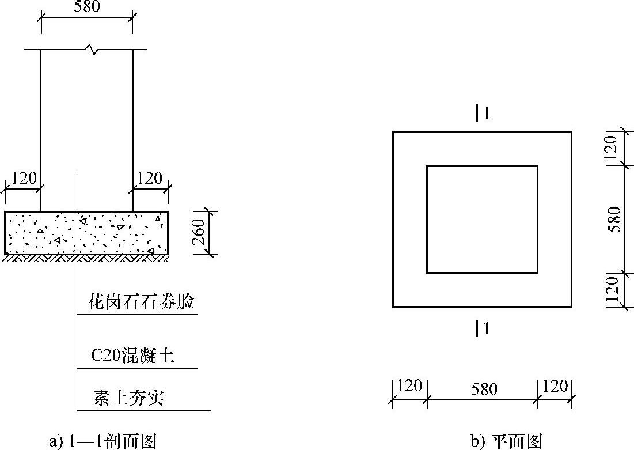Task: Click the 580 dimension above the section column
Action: point(86,7)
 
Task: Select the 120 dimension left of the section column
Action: point(24,178)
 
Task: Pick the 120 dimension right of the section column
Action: point(150,178)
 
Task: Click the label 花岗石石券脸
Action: point(141,302)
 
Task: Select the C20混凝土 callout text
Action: point(132,356)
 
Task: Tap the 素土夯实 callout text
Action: point(128,398)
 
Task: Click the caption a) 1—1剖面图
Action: point(104,441)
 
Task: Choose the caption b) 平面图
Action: point(507,441)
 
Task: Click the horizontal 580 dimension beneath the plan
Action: point(484,389)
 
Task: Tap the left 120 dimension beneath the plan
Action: point(410,385)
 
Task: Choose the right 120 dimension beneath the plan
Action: point(555,385)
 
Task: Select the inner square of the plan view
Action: point(482,219)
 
